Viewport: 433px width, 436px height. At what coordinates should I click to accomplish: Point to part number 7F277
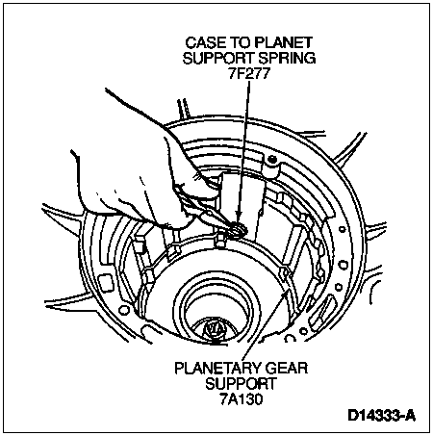[247, 74]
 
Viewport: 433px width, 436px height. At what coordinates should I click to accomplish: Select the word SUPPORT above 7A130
[241, 384]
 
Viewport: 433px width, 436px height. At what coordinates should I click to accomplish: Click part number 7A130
[242, 399]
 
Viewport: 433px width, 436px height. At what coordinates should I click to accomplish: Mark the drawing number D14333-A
[382, 416]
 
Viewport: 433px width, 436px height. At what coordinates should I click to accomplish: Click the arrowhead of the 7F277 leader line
[239, 217]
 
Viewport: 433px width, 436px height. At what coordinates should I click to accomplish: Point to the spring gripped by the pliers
[239, 229]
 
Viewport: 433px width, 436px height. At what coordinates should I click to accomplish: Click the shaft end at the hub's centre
[214, 331]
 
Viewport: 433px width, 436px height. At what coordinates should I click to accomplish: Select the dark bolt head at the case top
[272, 160]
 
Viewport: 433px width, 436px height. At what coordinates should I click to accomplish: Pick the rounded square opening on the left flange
[107, 281]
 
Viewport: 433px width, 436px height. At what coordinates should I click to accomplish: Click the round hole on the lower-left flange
[122, 310]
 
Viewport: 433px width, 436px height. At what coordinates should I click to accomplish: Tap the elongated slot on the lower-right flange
[323, 309]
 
